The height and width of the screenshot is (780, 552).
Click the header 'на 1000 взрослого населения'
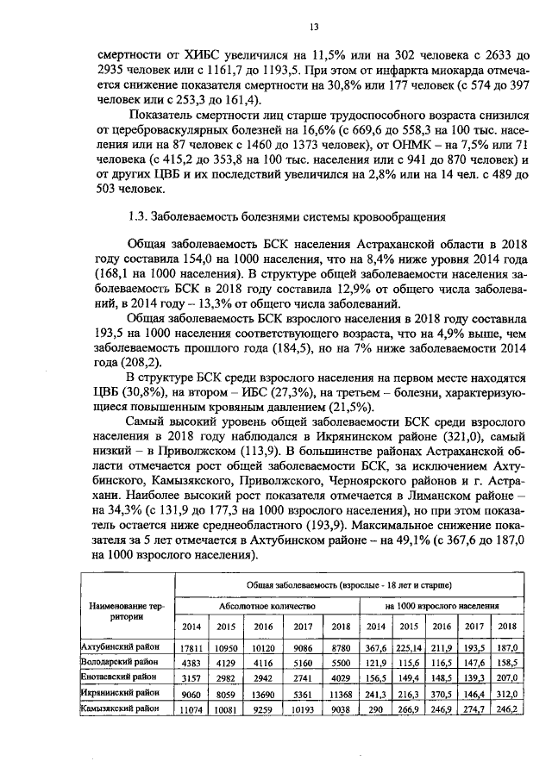(442, 606)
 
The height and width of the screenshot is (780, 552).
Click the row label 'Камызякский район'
(121, 708)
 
